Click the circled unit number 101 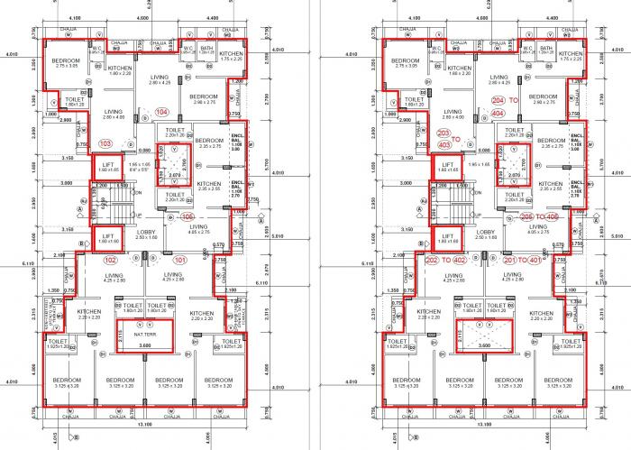[180, 261]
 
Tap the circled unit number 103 [105, 143]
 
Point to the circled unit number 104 [161, 112]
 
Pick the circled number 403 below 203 [444, 144]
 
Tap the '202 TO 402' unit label [445, 260]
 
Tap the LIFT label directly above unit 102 [107, 238]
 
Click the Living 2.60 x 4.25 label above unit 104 [160, 79]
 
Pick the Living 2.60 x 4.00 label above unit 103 [114, 115]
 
